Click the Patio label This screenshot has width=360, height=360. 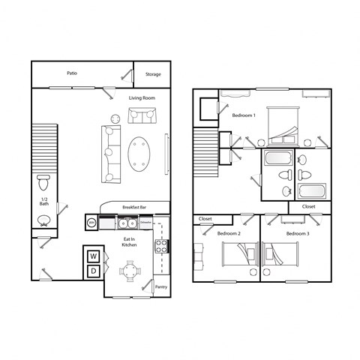click(x=72, y=73)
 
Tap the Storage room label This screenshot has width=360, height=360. click(x=153, y=74)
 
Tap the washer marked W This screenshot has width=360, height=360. click(x=94, y=256)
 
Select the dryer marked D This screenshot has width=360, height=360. click(x=94, y=271)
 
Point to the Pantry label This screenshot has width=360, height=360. click(x=160, y=286)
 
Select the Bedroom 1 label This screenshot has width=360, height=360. click(x=244, y=115)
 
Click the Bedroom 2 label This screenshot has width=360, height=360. click(x=228, y=234)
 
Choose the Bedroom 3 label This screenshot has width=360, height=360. click(x=297, y=234)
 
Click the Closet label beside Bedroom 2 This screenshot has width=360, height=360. click(x=205, y=219)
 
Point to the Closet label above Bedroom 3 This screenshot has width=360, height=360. click(x=308, y=206)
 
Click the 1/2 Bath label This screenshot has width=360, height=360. click(x=44, y=201)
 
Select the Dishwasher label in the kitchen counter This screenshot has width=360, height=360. click(x=146, y=223)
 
